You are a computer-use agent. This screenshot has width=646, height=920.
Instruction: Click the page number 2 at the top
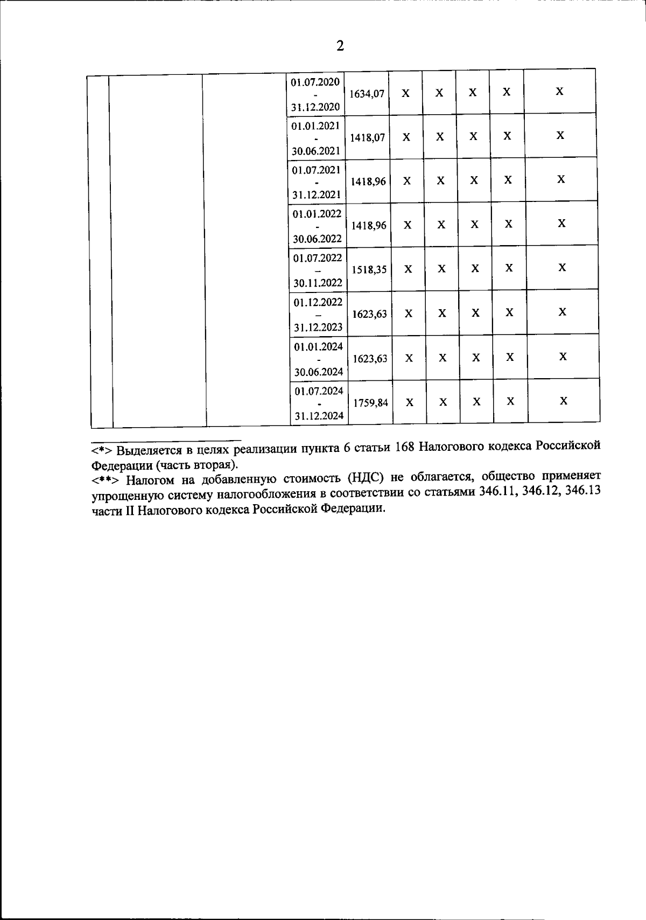pos(340,46)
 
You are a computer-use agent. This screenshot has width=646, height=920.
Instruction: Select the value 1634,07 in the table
pos(367,94)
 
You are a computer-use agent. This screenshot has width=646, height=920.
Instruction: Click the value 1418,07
pos(367,138)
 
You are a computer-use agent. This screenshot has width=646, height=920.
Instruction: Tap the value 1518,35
pos(369,270)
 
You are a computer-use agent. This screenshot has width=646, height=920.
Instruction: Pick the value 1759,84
pos(370,402)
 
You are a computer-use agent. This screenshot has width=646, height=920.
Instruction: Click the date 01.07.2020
pos(315,82)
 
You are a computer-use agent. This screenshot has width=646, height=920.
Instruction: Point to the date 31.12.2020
pos(315,107)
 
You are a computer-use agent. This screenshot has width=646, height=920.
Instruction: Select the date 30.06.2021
pos(316,151)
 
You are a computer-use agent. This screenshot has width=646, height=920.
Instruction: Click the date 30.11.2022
pos(318,283)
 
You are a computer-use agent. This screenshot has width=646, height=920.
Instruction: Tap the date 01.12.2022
pos(318,302)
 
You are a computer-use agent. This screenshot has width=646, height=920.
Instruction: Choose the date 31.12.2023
pos(318,327)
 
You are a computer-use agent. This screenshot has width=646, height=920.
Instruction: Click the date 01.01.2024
pos(319,346)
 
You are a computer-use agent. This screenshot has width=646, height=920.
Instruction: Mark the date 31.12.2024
pos(319,416)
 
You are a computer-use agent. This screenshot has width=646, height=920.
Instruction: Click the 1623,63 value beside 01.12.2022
pos(369,314)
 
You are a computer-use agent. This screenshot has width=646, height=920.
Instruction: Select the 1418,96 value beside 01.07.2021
pos(368,182)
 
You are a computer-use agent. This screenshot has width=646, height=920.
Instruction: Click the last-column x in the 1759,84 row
pos(564,401)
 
